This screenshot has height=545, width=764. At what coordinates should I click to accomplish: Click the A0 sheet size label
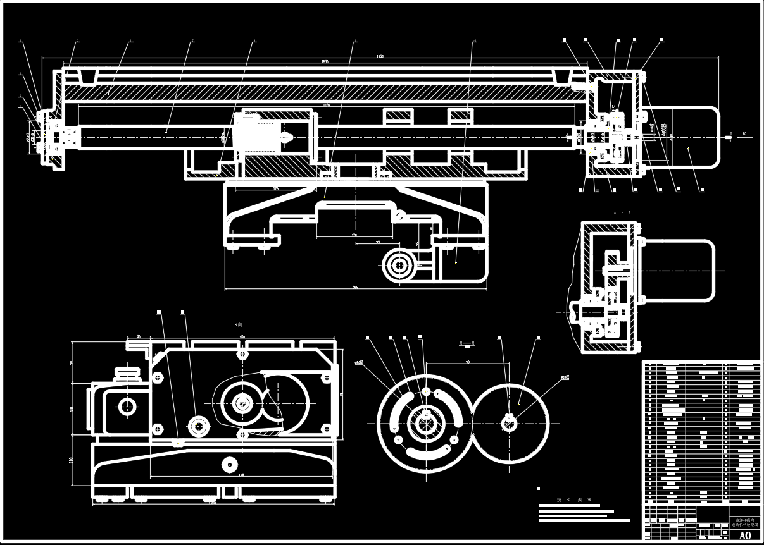pos(744,536)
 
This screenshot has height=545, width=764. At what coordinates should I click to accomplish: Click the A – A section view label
pos(622,214)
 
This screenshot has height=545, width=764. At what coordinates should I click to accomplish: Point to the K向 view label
pos(239,325)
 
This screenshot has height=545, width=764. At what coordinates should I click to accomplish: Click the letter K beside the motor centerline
pos(744,134)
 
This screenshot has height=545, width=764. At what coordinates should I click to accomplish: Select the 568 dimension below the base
pos(356,287)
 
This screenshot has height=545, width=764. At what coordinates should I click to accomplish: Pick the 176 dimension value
pos(276,188)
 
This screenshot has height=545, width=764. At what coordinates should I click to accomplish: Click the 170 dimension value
pos(354,235)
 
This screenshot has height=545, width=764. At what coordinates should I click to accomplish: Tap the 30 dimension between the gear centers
pos(467,362)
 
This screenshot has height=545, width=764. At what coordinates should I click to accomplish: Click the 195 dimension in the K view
pos(241,475)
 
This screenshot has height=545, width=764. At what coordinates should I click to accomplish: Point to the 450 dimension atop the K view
pos(242,336)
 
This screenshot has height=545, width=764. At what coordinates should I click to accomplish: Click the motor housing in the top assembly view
pos(687,138)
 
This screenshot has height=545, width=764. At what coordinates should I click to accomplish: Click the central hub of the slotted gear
pos(425,422)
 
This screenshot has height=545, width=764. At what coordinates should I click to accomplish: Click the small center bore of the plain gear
pos(510,423)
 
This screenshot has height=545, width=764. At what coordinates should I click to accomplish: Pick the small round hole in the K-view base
pos(227,465)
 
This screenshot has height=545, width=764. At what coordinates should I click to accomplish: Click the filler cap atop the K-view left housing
pos(128,372)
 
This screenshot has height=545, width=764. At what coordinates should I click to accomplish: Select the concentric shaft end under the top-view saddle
pos(399,266)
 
